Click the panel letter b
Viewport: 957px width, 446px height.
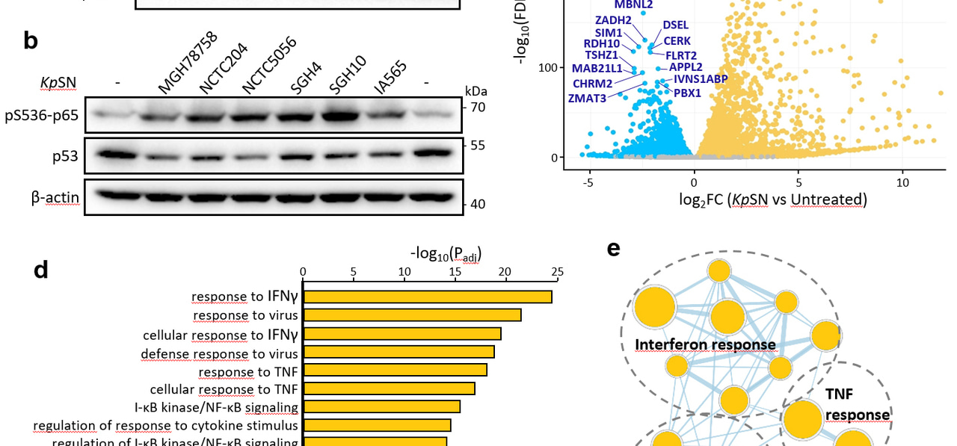coord(31,41)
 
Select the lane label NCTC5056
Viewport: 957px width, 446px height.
coord(269,66)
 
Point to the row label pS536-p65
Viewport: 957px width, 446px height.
coord(41,116)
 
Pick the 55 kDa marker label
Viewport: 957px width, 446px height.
coord(477,145)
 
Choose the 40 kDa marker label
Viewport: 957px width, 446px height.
coord(477,204)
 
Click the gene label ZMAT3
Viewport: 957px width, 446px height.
coord(587,98)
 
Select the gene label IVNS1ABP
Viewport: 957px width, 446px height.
coord(701,78)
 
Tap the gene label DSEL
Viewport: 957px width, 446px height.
coord(676,25)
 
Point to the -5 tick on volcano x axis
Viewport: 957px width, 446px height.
coord(589,182)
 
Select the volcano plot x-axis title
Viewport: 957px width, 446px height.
coord(773,199)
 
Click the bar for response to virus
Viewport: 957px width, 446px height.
coord(411,315)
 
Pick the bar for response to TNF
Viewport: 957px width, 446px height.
coord(395,370)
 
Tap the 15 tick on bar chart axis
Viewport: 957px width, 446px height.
coord(455,272)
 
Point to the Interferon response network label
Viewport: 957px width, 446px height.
coord(705,344)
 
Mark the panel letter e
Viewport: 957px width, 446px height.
coord(614,249)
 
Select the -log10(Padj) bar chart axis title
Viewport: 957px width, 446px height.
coord(446,253)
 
